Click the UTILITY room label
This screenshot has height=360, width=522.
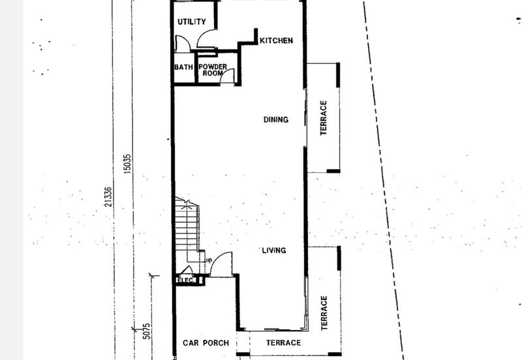[x=191, y=22]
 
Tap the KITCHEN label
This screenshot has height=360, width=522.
[x=276, y=40]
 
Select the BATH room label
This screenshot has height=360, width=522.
[x=183, y=67]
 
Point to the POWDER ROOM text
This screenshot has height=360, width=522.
[x=213, y=70]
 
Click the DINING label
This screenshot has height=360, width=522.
[x=276, y=119]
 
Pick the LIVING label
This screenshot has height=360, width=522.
[x=274, y=250]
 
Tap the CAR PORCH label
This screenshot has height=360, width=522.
[x=206, y=342]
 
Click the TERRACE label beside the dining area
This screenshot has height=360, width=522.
[x=323, y=118]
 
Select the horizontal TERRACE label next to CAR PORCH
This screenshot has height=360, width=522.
[x=284, y=342]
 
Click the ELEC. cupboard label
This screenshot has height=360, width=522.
[x=186, y=280]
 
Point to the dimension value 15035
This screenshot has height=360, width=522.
[x=127, y=164]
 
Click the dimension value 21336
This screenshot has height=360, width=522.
[x=108, y=197]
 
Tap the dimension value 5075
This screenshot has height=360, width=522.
[x=146, y=331]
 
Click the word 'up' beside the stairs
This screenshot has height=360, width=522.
[x=209, y=260]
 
